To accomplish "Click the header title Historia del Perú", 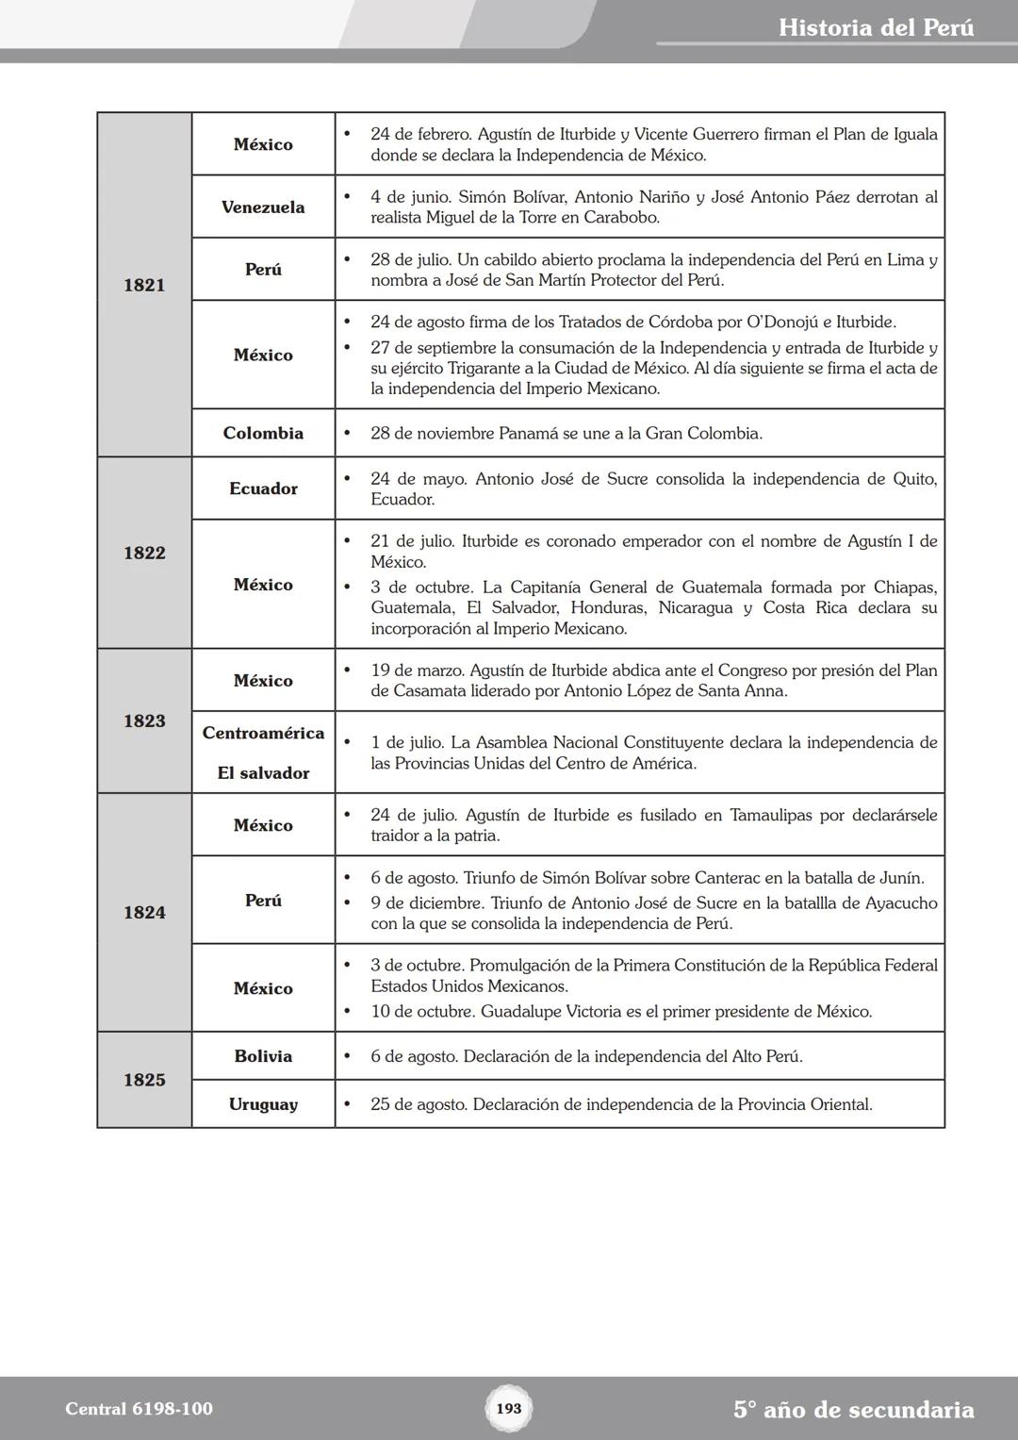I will (x=876, y=27).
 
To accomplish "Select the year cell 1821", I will (x=144, y=285).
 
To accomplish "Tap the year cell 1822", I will (x=144, y=553).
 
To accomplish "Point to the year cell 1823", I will (x=144, y=720).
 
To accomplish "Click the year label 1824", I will (x=144, y=912).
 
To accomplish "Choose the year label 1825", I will (x=144, y=1080).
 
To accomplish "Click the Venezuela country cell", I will (x=263, y=207).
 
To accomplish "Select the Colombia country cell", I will (x=263, y=433).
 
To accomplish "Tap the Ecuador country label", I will (x=263, y=488).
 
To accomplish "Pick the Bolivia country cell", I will (x=263, y=1056).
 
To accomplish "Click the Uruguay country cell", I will (x=263, y=1104).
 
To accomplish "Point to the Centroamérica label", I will (x=263, y=733).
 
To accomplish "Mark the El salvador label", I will (x=263, y=773).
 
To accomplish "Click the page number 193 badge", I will (x=508, y=1408).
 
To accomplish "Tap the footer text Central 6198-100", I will (x=139, y=1409).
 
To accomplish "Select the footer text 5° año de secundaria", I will (x=853, y=1410).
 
